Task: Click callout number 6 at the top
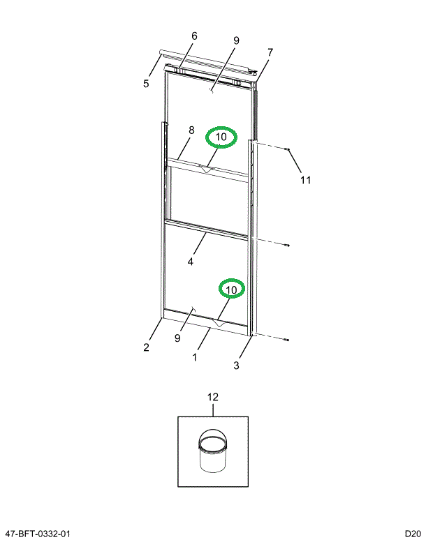coord(194,36)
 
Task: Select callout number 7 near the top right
coord(270,52)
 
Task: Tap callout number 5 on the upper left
coord(146,84)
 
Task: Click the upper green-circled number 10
coord(221,137)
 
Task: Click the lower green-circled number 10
coord(231,289)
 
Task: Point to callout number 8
coord(190,130)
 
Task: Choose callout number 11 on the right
coord(305,180)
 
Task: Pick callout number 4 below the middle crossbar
coord(190,262)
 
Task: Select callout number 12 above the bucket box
coord(213,397)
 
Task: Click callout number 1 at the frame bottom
coord(195,356)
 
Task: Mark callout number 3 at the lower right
coord(237,365)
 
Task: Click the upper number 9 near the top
coord(236,40)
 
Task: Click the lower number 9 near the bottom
coord(177,338)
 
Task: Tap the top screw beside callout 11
coord(287,149)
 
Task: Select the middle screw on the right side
coord(287,245)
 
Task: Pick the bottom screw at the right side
coord(287,340)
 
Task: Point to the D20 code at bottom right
coord(410,534)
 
